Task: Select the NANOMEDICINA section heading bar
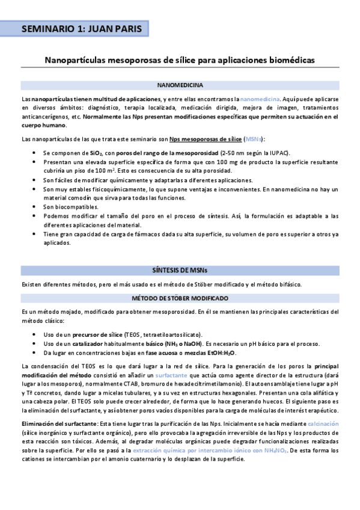[179, 86]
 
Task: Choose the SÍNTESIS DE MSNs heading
[179, 271]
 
